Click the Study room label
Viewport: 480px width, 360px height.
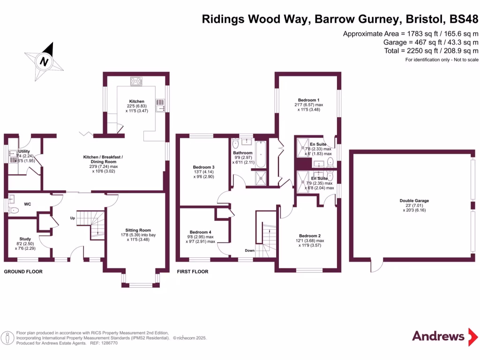[25, 239]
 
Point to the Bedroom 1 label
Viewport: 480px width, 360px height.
[308, 100]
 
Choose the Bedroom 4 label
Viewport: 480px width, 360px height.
[200, 232]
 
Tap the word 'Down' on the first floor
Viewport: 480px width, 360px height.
[249, 250]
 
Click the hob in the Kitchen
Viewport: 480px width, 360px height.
[136, 81]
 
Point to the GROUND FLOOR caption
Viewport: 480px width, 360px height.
[23, 272]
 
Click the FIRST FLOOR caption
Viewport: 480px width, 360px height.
[193, 272]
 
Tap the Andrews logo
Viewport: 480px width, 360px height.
[438, 336]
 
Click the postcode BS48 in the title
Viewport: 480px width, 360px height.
[464, 19]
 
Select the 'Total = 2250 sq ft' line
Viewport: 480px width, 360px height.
[431, 51]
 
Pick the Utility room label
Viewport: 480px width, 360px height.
[24, 151]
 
